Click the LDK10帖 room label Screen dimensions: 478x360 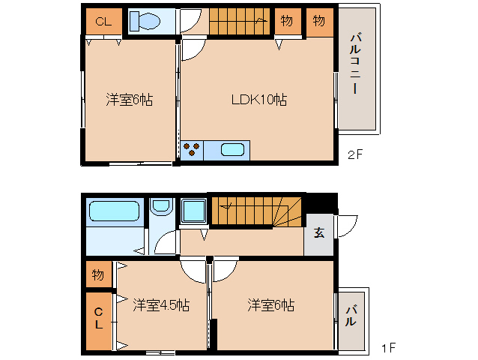[258, 100]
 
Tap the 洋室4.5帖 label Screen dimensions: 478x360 [161, 304]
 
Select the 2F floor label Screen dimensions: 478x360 [355, 154]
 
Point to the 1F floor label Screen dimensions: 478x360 [389, 348]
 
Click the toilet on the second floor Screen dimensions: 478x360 [145, 21]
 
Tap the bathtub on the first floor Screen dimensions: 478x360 [114, 211]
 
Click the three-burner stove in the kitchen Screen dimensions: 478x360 [192, 150]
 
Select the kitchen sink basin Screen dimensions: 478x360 [232, 150]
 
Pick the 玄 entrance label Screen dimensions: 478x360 [319, 232]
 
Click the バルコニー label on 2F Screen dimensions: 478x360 [355, 63]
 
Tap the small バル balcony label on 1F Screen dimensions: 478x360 [351, 316]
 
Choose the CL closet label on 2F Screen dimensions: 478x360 [103, 22]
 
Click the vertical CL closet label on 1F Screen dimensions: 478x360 [98, 318]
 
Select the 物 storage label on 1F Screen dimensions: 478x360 [98, 275]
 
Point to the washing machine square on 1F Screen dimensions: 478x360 [193, 211]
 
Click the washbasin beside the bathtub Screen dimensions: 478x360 [161, 206]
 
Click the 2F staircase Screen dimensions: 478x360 [240, 21]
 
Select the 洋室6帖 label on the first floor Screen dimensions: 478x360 [271, 304]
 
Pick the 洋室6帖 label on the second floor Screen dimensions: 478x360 [130, 100]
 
